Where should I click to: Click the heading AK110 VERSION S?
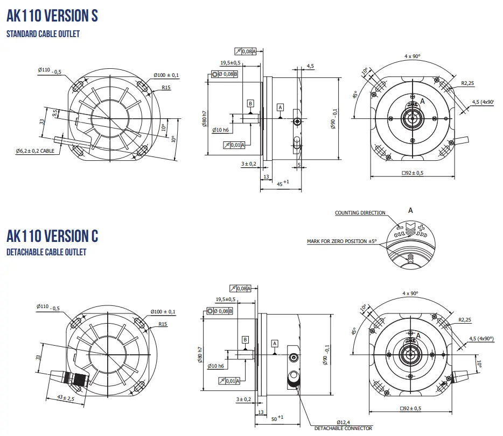click(52, 15)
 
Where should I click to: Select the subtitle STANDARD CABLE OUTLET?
click(43, 34)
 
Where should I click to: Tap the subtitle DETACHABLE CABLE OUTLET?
click(46, 252)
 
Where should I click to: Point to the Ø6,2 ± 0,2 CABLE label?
click(35, 151)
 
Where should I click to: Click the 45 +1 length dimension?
click(283, 184)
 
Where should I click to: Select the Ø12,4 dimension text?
click(344, 422)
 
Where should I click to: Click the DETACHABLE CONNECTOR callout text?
click(343, 428)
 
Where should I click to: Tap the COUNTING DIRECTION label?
click(360, 213)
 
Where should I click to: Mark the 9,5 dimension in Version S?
click(54, 113)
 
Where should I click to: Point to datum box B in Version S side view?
click(250, 103)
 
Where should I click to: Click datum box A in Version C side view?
click(275, 343)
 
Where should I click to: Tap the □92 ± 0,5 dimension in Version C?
click(412, 409)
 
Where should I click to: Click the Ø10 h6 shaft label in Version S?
click(221, 130)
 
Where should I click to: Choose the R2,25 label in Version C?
click(465, 320)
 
